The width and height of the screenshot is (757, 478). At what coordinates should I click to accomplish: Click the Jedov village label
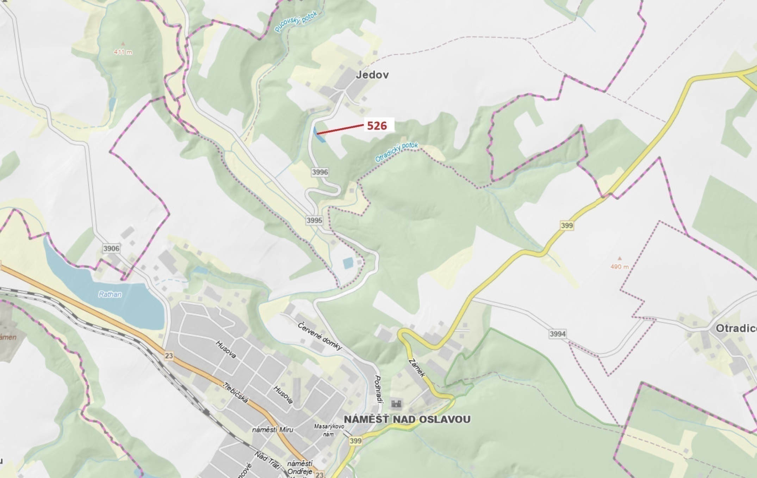click(372, 75)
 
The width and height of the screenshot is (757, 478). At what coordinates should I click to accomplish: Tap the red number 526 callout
click(377, 125)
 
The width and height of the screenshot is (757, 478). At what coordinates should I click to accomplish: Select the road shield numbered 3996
click(320, 172)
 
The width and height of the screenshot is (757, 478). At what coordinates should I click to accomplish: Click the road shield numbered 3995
click(314, 220)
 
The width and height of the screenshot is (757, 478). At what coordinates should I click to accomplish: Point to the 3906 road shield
click(111, 249)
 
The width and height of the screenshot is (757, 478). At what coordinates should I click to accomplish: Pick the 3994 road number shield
click(558, 333)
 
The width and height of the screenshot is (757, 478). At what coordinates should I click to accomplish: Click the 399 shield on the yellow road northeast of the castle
click(566, 225)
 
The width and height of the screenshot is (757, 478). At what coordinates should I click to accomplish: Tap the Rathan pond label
click(110, 294)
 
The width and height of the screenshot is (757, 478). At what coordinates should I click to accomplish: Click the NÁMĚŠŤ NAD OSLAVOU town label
click(407, 419)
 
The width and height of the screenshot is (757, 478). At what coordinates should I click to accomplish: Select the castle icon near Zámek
click(396, 404)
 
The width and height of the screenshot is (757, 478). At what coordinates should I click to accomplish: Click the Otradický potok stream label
click(397, 152)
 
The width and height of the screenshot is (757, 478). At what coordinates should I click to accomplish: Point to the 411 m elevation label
click(123, 52)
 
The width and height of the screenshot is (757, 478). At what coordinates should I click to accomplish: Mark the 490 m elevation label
click(619, 267)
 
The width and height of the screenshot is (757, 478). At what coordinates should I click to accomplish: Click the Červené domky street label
click(319, 336)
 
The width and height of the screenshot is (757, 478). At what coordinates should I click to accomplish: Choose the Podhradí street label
click(378, 390)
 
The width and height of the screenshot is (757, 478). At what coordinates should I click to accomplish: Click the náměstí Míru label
click(273, 430)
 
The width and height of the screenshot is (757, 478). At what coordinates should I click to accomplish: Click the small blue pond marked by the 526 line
click(319, 135)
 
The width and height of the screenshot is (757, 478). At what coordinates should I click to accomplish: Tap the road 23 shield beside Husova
click(169, 355)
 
